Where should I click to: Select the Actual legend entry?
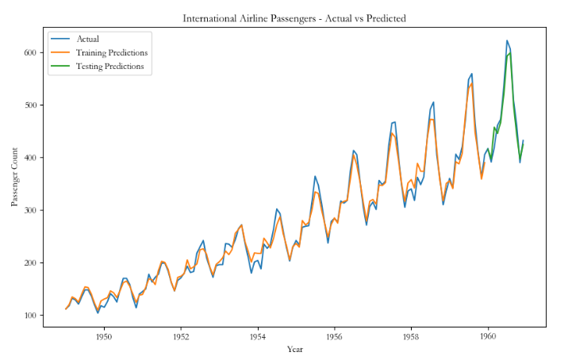point(88,39)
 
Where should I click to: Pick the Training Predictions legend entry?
point(112,52)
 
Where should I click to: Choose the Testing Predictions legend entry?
point(110,66)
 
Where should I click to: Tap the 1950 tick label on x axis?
point(104,336)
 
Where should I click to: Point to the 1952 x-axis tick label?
point(181,336)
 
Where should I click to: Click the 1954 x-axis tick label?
point(257,336)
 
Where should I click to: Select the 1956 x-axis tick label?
point(334,336)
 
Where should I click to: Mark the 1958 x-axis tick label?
point(411,336)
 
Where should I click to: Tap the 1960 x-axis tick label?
point(488,336)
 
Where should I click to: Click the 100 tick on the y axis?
point(31,316)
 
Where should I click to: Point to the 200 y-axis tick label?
point(31,263)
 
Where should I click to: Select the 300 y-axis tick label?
point(31,210)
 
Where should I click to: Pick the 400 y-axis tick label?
point(31,158)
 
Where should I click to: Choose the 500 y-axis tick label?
point(31,105)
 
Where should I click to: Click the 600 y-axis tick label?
point(31,52)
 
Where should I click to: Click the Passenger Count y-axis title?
point(15,178)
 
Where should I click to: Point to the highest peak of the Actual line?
point(507,40)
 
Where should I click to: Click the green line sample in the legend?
point(60,66)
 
